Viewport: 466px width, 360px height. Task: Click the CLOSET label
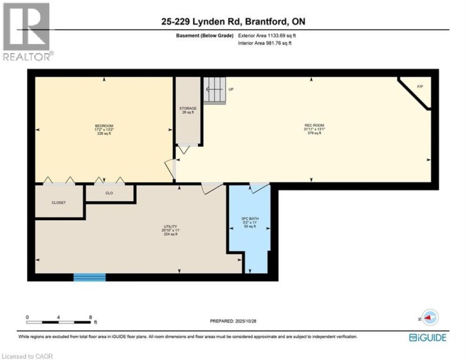point(59,203)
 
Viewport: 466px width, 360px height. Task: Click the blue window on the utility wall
point(89,277)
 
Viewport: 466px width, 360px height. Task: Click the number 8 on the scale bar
point(91,317)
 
